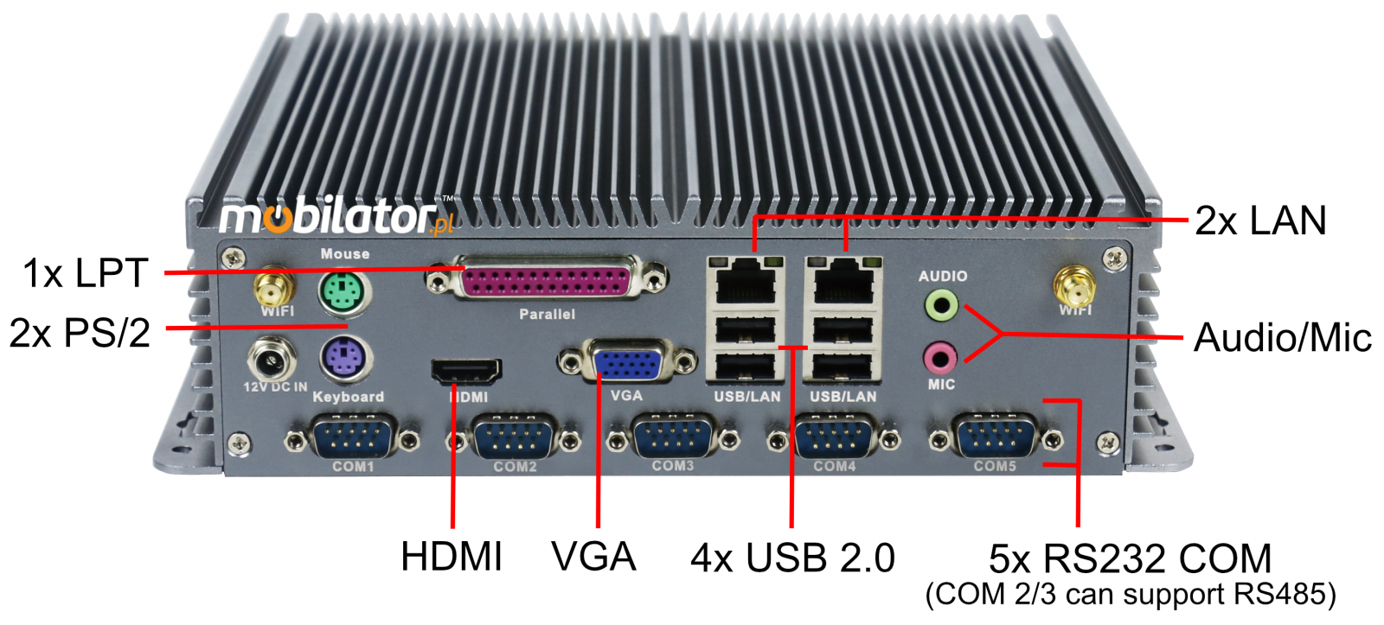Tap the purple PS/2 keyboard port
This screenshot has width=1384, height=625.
tap(345, 359)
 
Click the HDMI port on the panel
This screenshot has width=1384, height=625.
tap(466, 371)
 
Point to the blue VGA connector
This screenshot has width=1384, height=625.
tap(628, 360)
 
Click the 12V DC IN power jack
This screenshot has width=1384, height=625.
tap(271, 359)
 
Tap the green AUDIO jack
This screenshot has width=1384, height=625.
tap(941, 305)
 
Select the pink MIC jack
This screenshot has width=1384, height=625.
tap(939, 358)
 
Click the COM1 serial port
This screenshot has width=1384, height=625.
tap(352, 438)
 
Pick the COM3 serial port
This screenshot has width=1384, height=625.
tap(674, 437)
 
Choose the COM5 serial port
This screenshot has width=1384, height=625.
tap(996, 437)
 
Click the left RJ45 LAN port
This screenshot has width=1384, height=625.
tap(746, 280)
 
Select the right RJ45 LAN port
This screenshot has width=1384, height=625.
tap(843, 280)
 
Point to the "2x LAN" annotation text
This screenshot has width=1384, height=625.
tap(1260, 220)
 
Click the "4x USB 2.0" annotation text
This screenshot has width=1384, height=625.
tap(792, 558)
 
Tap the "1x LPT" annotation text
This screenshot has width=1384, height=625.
tap(86, 272)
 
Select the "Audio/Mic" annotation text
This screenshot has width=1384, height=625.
tap(1283, 337)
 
